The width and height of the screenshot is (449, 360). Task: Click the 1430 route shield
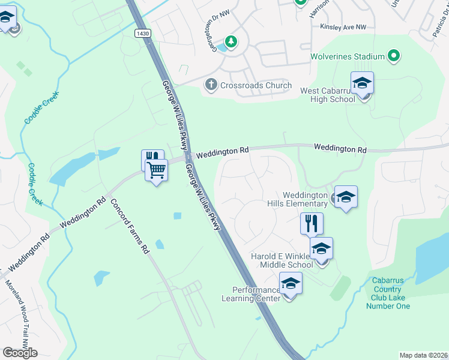(142, 34)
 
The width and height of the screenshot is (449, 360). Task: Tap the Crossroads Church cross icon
(211, 85)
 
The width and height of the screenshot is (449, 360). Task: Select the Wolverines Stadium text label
(347, 57)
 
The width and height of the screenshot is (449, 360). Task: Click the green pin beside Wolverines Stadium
(394, 57)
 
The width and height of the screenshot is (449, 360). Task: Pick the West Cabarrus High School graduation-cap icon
(362, 83)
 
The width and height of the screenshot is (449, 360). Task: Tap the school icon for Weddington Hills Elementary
(346, 197)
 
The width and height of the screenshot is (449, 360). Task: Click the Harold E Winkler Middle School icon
(321, 249)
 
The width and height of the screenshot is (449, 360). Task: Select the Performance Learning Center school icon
(291, 284)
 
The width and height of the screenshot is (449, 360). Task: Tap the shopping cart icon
(157, 171)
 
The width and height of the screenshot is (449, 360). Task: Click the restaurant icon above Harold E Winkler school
(312, 224)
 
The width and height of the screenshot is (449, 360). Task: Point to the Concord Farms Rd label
(129, 225)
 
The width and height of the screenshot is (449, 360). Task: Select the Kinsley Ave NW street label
(343, 27)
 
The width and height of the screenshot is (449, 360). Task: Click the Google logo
(20, 353)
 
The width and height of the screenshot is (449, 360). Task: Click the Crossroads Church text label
(256, 85)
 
